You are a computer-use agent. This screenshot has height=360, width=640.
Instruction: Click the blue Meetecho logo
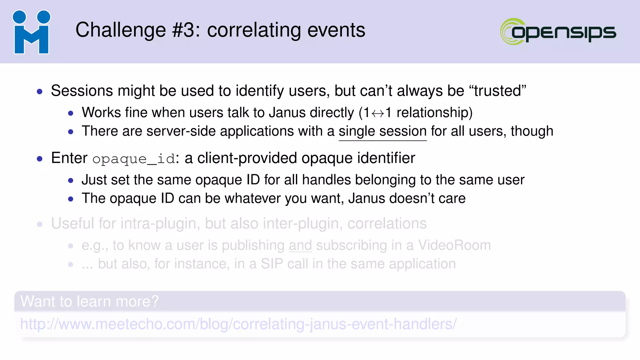click(31, 32)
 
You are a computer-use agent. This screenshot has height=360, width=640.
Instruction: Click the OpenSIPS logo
click(558, 32)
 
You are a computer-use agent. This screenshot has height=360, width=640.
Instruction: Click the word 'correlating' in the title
click(254, 30)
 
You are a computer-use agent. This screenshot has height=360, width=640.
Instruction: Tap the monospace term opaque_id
click(134, 159)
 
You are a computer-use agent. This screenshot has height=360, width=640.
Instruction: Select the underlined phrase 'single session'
click(382, 131)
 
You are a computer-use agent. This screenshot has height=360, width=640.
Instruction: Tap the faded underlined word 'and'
click(300, 245)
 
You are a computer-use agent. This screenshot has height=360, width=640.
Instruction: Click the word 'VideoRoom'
click(454, 245)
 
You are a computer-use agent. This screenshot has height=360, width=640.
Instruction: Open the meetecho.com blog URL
click(238, 324)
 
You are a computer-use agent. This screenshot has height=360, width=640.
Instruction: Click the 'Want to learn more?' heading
click(90, 302)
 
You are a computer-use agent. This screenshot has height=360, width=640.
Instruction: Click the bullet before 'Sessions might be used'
click(40, 92)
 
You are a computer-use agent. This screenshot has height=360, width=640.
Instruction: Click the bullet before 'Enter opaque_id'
click(40, 159)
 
